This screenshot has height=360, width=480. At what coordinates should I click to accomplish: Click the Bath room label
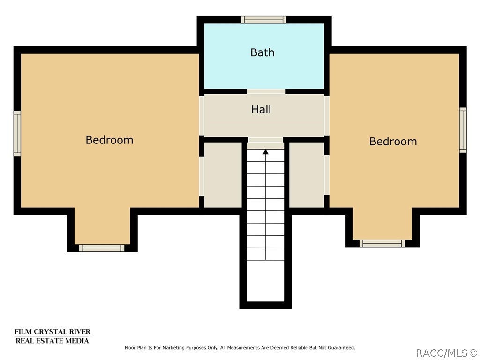click(x=262, y=52)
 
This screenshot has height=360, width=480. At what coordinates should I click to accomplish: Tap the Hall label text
click(x=261, y=109)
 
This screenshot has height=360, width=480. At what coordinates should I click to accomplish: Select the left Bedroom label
click(x=109, y=140)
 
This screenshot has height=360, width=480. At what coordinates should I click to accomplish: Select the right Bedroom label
click(x=393, y=141)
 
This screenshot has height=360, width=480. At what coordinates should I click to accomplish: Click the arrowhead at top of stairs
click(x=266, y=151)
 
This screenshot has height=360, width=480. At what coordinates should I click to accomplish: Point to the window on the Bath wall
click(x=263, y=20)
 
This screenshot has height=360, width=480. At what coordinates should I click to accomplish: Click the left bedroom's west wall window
click(x=17, y=134)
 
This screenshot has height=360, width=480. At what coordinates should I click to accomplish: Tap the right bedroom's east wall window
click(x=463, y=130)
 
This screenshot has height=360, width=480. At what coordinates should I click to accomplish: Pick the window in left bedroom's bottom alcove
click(x=102, y=248)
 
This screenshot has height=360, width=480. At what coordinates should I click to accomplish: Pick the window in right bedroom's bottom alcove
click(x=382, y=243)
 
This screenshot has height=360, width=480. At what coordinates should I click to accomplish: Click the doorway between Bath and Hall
click(x=266, y=91)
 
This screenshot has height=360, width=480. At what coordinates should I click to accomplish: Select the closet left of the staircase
click(x=223, y=175)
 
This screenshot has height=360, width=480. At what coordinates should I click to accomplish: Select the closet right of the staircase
click(x=307, y=175)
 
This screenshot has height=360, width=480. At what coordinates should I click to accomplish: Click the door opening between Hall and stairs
click(x=265, y=140)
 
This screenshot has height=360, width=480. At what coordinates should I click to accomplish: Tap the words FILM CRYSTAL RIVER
click(x=52, y=332)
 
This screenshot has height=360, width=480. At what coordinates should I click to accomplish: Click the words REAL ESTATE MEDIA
click(x=52, y=341)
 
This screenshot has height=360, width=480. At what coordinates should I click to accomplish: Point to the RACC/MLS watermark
click(x=447, y=353)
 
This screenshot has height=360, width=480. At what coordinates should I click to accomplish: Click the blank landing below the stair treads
click(x=265, y=281)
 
